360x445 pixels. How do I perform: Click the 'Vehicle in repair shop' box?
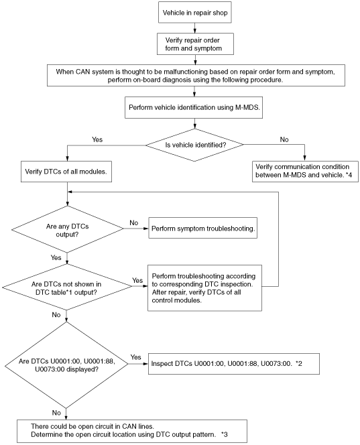point(195,13)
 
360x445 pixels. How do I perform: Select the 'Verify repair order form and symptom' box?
point(195,44)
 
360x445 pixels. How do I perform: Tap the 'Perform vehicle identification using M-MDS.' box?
point(194,107)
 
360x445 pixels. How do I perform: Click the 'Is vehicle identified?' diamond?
point(195,145)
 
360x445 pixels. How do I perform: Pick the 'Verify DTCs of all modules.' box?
point(66,172)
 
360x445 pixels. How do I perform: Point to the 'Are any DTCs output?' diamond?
point(67,229)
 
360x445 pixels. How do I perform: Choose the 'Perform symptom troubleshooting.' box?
point(202,228)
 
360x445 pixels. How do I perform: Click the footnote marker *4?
point(349,175)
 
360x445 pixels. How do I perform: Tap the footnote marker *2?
point(299,363)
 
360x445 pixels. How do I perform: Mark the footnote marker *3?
point(224,434)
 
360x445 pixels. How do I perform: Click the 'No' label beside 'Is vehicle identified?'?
point(284,139)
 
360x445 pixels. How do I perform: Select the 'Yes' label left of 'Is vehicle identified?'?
point(97,139)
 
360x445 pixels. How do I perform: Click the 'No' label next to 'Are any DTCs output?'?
point(133,222)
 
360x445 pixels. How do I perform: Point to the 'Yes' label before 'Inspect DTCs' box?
point(135,357)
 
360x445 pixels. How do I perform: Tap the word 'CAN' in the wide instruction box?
point(82,72)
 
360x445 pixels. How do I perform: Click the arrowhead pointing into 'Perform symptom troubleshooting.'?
point(146,229)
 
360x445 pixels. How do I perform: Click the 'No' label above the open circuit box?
point(56,413)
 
